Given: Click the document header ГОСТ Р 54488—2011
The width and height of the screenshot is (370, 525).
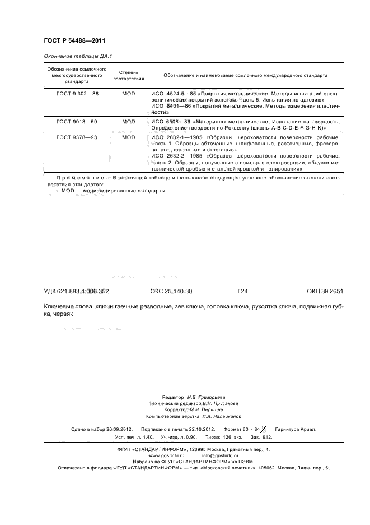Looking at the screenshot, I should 74,41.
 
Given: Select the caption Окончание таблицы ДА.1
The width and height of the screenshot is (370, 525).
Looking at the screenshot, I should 74,56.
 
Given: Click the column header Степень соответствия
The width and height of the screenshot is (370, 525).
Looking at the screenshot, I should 129,75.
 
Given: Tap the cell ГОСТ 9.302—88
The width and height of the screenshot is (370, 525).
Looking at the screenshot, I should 77,93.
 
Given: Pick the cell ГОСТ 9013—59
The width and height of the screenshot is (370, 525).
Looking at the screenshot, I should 77,121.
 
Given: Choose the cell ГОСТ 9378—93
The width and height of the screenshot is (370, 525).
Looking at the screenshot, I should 77,137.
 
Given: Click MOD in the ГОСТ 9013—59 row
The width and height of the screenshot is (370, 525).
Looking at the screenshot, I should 129,121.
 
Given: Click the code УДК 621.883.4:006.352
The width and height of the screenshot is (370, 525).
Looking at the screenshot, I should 76,291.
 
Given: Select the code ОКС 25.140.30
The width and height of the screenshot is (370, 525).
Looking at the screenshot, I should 171,291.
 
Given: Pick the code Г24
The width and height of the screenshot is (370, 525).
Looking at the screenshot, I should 242,291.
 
